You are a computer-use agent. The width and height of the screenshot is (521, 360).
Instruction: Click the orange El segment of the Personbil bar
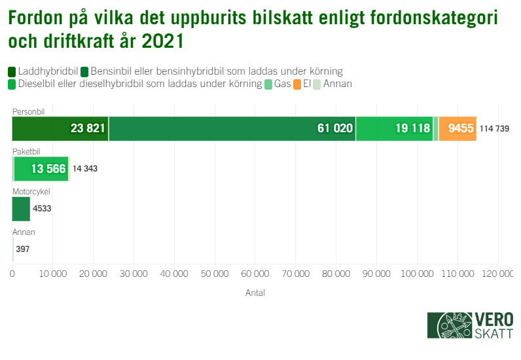coord(458,128)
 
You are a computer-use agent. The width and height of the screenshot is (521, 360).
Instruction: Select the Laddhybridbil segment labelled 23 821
coord(60,128)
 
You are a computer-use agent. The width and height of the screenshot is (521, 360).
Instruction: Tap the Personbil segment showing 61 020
coord(232,128)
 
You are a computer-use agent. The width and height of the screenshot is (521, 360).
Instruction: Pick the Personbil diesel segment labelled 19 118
coord(394,128)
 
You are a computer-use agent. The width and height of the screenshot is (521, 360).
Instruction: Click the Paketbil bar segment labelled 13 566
coord(41,169)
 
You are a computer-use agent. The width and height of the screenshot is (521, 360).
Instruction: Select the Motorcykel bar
coord(21,209)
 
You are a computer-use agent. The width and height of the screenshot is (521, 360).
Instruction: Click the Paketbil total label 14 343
coord(85,169)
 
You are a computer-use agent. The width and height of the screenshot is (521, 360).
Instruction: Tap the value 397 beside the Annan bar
coord(23,249)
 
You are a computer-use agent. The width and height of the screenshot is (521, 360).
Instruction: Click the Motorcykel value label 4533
coord(42,209)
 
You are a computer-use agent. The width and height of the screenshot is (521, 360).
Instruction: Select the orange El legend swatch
coord(297,84)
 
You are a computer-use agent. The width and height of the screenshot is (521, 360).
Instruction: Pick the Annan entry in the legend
coord(333,84)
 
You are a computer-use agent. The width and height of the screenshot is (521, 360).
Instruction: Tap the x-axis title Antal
coord(255,293)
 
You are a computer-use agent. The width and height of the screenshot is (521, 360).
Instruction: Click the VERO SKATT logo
coord(469,325)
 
